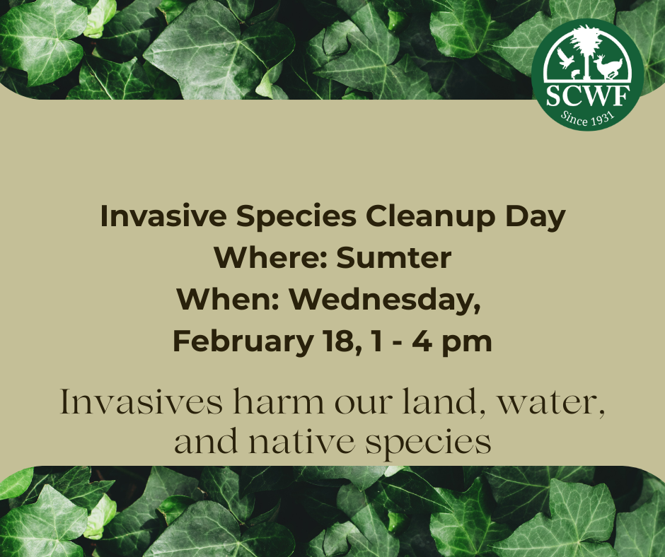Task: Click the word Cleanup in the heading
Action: (x=430, y=216)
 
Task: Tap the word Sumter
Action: (x=393, y=257)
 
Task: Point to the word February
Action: (x=243, y=341)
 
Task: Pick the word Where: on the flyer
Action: (x=271, y=257)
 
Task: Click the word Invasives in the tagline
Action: (x=141, y=401)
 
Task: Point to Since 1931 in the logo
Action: (x=588, y=118)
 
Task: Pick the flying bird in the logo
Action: (x=565, y=59)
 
